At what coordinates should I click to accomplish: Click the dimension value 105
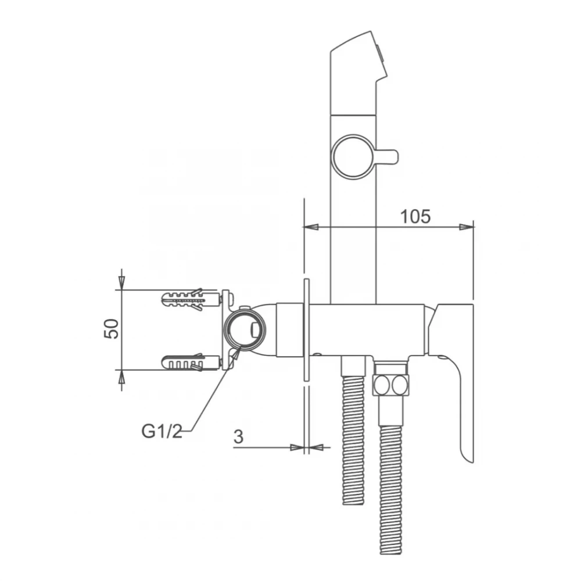pyautogui.click(x=415, y=217)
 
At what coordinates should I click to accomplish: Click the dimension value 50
pyautogui.click(x=112, y=328)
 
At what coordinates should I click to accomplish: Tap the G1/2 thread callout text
pyautogui.click(x=162, y=431)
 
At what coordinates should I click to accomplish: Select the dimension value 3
pyautogui.click(x=239, y=437)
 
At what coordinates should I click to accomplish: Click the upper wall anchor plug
pyautogui.click(x=184, y=299)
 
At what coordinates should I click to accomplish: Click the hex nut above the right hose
pyautogui.click(x=390, y=386)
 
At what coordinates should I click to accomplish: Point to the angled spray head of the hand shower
pyautogui.click(x=358, y=73)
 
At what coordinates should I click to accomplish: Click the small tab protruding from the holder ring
pyautogui.click(x=386, y=157)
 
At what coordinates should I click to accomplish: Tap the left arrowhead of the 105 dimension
pyautogui.click(x=310, y=227)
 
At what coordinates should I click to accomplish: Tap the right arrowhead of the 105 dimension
pyautogui.click(x=467, y=227)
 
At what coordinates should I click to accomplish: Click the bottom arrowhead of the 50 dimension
pyautogui.click(x=121, y=376)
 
